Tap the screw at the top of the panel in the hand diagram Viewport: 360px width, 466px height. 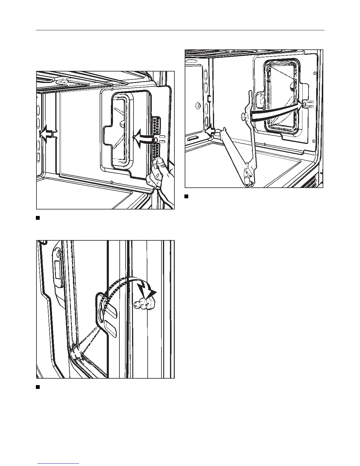coord(113,89)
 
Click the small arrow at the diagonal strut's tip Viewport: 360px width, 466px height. coord(210,131)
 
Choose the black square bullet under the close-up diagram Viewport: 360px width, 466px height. coord(38,387)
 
